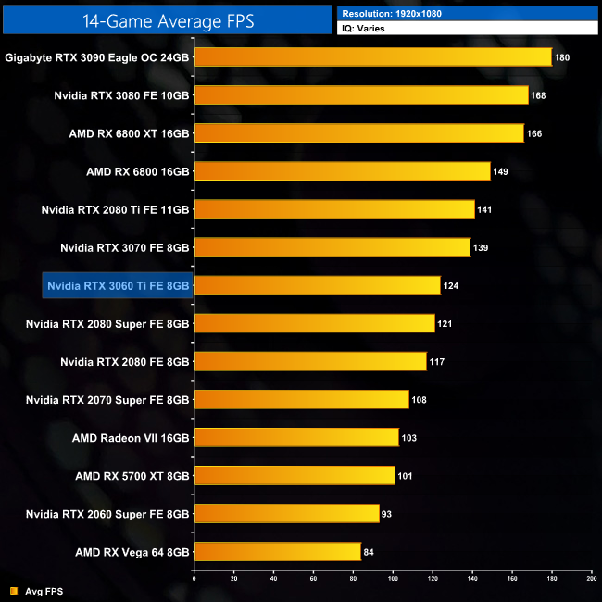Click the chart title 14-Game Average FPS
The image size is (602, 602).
tap(167, 19)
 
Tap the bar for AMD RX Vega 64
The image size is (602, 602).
tap(277, 552)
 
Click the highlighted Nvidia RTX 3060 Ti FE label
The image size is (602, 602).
tap(119, 285)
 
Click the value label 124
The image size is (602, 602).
tap(451, 285)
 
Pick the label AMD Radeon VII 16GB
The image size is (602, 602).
tap(132, 437)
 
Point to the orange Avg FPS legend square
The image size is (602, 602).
tap(13, 591)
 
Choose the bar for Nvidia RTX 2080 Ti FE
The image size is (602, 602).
tap(334, 209)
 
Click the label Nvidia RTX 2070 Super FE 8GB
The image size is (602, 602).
tap(107, 399)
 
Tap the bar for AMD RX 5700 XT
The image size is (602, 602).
tap(295, 476)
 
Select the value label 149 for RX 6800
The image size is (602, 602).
tap(501, 171)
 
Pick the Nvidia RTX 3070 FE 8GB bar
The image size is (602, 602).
tap(332, 247)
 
